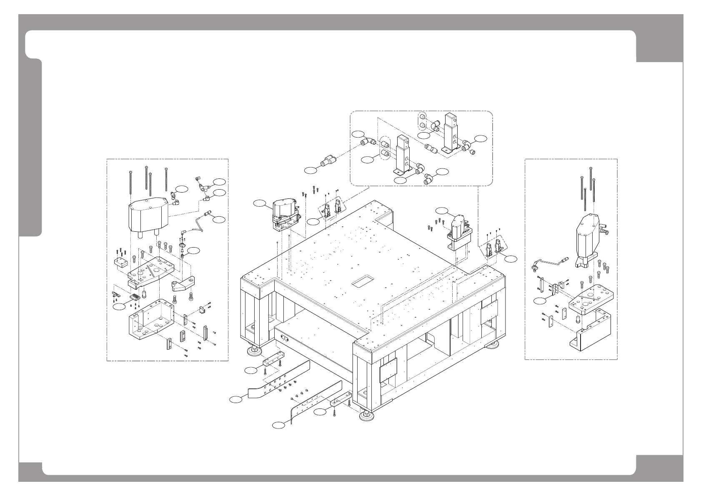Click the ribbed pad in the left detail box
pos(135,298)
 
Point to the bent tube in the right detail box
pos(550,262)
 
